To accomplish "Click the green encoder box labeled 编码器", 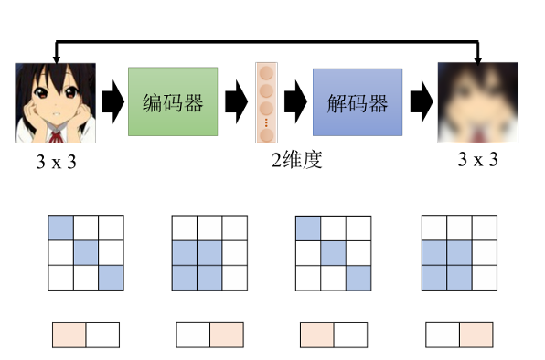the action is (173, 101).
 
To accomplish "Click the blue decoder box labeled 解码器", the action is (358, 102).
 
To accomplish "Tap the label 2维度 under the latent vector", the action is (296, 160).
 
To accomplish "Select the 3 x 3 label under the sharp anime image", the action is (56, 162).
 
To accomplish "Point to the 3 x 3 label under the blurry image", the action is (478, 159).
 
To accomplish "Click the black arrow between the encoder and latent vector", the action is (236, 101).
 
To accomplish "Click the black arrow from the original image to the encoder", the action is (112, 101).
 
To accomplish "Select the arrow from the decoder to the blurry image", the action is (422, 101).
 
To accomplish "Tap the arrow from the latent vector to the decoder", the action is (295, 101).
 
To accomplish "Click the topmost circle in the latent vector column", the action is (267, 73).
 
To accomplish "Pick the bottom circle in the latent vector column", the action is (267, 135).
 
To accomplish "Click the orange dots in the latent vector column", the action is (266, 122).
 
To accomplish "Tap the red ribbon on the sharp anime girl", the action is (55, 137).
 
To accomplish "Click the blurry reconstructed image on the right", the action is (478, 102).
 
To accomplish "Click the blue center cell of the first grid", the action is (86, 253).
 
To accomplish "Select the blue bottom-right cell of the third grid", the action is (358, 278).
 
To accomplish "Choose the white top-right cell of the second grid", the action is (235, 228).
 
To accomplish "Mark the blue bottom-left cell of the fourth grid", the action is (434, 278).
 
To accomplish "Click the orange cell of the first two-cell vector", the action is (69, 334).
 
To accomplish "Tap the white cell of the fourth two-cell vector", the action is (443, 334).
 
